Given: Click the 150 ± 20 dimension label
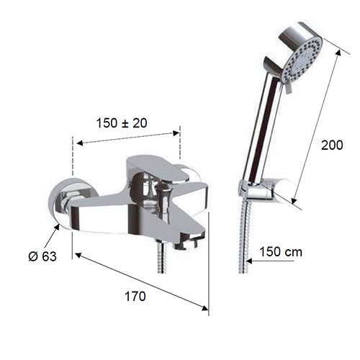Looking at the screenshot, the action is pyautogui.click(x=122, y=123).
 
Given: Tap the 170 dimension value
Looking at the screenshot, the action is pyautogui.click(x=135, y=296).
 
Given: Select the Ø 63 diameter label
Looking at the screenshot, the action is pyautogui.click(x=42, y=256).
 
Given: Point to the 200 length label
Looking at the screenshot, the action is pyautogui.click(x=332, y=145).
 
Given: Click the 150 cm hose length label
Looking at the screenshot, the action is pyautogui.click(x=281, y=252).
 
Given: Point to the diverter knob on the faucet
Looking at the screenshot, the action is pyautogui.click(x=165, y=196).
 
